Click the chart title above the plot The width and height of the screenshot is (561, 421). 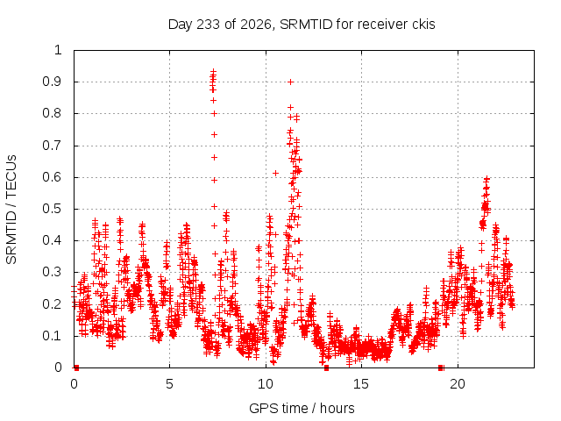click(302, 25)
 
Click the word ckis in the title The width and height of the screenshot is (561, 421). click(423, 25)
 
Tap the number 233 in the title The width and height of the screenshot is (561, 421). click(209, 25)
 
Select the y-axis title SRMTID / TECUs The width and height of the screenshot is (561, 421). click(11, 210)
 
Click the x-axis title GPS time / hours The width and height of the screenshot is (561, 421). click(302, 408)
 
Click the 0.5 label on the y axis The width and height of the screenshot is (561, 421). click(53, 209)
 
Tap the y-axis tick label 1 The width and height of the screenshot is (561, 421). click(59, 50)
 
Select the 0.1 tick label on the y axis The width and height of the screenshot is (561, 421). click(53, 336)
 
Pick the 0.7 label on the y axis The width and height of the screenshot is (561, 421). click(53, 146)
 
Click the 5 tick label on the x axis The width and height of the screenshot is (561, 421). click(169, 384)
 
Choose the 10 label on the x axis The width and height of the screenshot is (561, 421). click(266, 384)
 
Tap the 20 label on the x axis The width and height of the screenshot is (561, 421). click(458, 384)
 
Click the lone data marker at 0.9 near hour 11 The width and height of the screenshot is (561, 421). click(291, 82)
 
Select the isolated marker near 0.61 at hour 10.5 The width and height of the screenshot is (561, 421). click(275, 174)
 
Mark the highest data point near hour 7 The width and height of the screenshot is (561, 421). click(214, 71)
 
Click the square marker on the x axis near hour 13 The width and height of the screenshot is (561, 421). click(326, 367)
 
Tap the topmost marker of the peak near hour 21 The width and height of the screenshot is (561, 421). click(486, 178)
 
